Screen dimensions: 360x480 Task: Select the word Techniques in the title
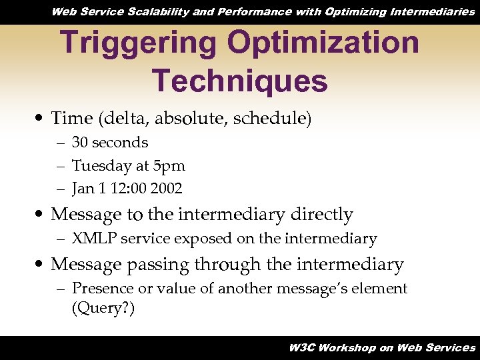coord(240,81)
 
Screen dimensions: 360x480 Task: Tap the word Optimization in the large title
coord(323,43)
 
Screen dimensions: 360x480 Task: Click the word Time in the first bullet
coord(71,119)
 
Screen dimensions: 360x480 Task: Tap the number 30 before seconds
coord(80,143)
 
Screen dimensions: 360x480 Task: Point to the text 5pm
coord(169,165)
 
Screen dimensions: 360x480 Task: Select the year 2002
coord(166,189)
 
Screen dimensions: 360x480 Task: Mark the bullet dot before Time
coord(42,119)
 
